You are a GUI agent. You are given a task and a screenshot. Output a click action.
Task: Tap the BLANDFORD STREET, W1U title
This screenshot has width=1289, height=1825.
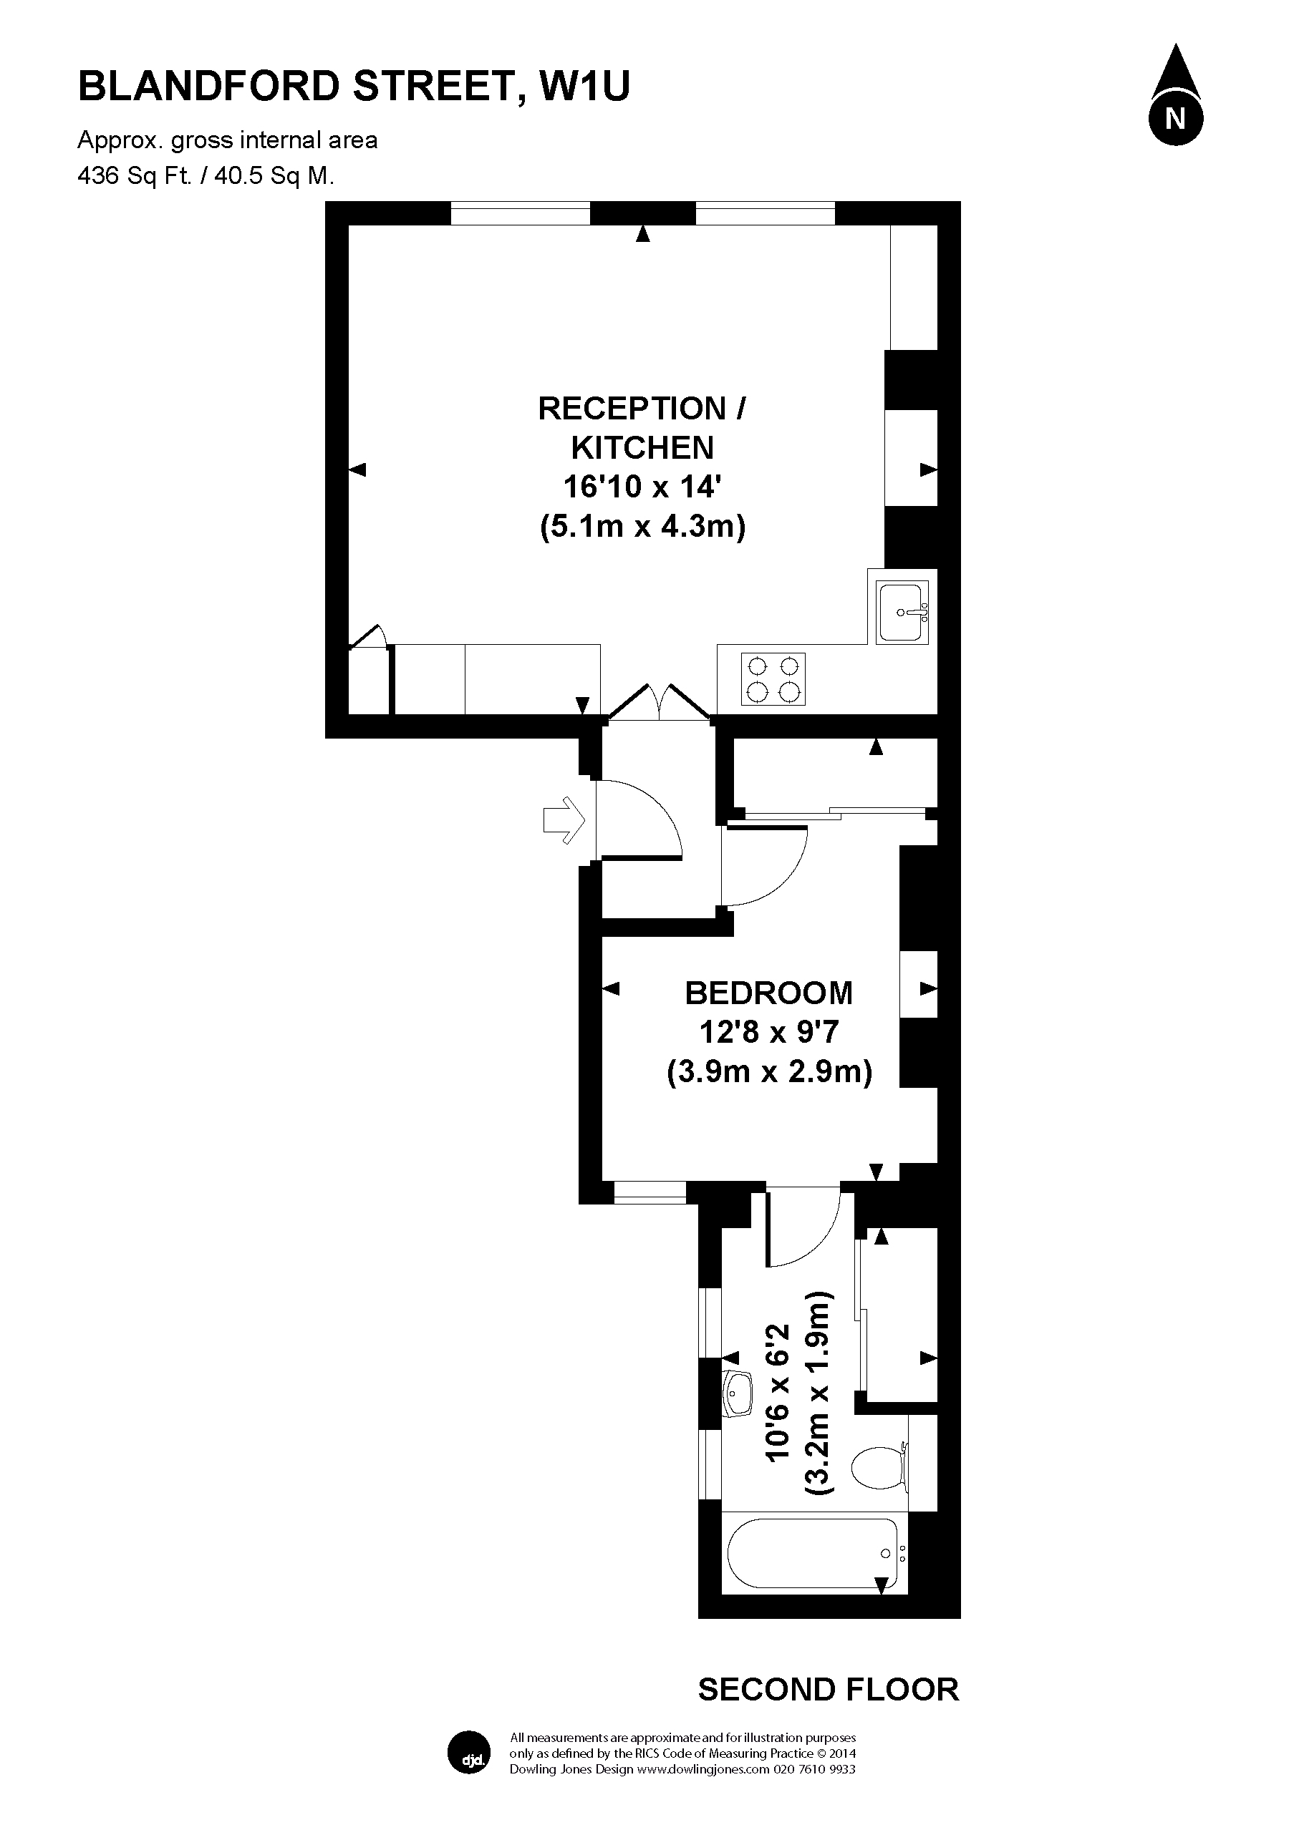(354, 87)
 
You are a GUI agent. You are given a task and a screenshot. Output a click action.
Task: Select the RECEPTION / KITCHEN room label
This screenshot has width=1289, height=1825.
(642, 428)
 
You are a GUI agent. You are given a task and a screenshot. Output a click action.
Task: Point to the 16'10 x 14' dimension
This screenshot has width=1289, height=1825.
(642, 486)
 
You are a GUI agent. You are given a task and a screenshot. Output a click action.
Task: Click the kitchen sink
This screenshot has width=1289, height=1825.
(902, 613)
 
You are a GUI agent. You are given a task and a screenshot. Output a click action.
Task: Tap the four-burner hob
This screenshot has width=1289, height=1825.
(773, 678)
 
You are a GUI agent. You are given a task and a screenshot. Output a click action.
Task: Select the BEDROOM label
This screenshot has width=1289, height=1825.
(768, 993)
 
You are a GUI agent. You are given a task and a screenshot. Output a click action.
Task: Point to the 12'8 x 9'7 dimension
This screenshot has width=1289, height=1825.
(768, 1032)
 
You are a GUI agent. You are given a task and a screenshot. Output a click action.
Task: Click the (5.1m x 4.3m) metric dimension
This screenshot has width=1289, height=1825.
(642, 526)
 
